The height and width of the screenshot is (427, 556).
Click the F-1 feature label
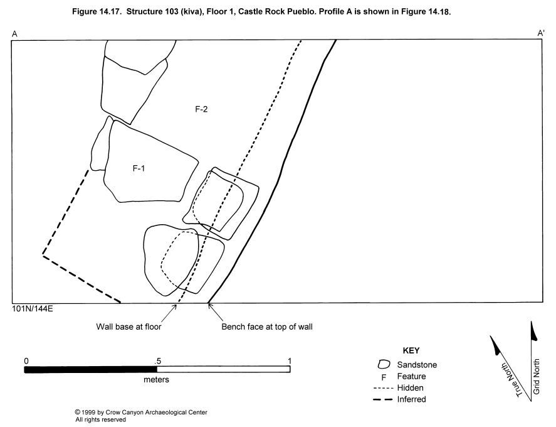140,168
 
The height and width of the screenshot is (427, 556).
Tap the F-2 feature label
201,109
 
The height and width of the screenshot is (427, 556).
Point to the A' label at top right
540,33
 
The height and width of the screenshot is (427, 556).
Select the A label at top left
14,33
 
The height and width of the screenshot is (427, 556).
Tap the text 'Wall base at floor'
129,327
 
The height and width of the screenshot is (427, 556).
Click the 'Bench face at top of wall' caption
267,327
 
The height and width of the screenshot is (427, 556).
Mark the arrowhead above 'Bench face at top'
210,306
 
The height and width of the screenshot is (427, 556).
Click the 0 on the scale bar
26,360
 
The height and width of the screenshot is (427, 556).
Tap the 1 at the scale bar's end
290,360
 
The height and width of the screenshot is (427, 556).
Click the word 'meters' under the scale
156,380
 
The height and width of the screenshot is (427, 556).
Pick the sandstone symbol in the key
384,364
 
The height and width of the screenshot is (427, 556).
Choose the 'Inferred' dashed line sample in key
384,399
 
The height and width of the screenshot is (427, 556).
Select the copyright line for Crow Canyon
141,413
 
